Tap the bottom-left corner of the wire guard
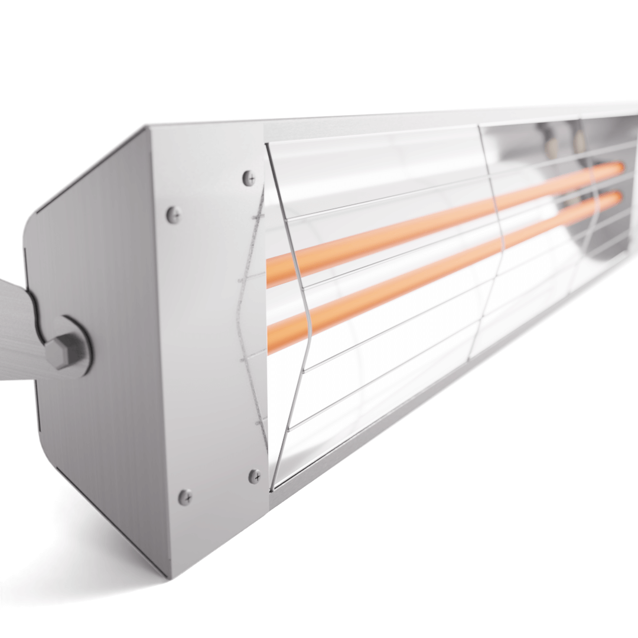(273, 488)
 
